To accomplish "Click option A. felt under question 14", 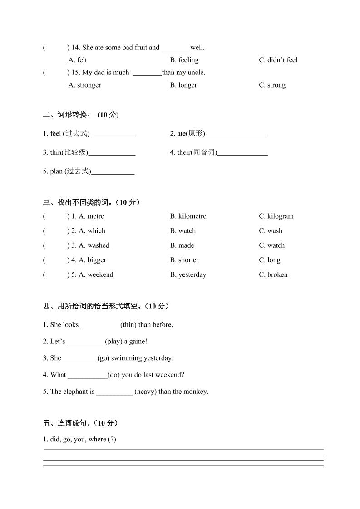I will pyautogui.click(x=78, y=60).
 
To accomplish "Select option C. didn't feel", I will pyautogui.click(x=278, y=60).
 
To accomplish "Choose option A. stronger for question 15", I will pyautogui.click(x=84, y=85).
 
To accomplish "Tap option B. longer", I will pyautogui.click(x=183, y=85).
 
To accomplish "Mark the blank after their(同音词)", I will pyautogui.click(x=242, y=154).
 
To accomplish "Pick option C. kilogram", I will pyautogui.click(x=276, y=216).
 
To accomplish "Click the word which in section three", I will pyautogui.click(x=96, y=231).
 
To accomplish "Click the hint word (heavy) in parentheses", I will pyautogui.click(x=145, y=392).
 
